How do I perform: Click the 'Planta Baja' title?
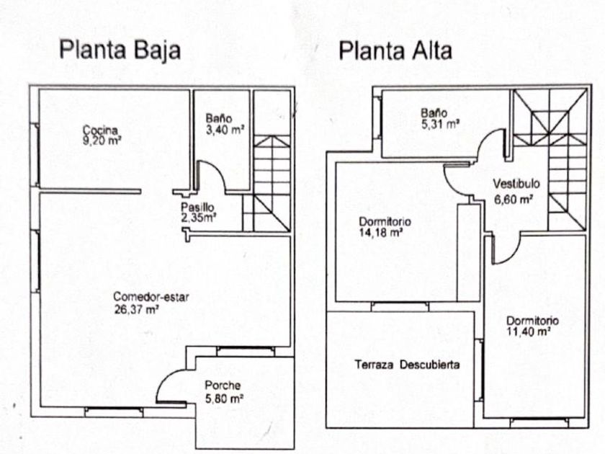click(x=120, y=51)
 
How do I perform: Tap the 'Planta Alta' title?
click(x=395, y=51)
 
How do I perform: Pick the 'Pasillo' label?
click(x=197, y=207)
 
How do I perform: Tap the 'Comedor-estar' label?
click(x=151, y=297)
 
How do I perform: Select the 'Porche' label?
click(x=222, y=385)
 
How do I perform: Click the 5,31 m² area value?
click(x=440, y=124)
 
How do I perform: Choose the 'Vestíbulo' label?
click(x=516, y=182)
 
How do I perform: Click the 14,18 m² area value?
click(x=380, y=233)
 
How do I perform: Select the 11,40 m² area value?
click(x=529, y=332)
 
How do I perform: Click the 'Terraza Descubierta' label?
click(x=407, y=365)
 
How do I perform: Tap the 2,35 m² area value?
click(x=199, y=217)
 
